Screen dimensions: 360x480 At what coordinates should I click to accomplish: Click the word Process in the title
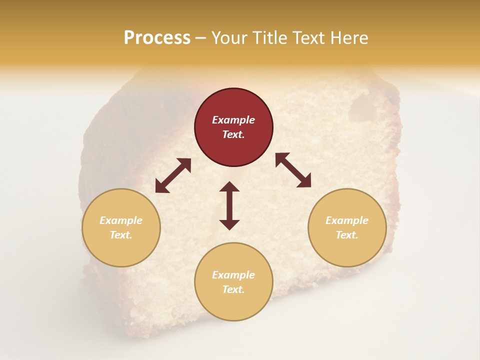(157, 38)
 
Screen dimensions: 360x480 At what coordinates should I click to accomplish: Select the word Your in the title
(230, 38)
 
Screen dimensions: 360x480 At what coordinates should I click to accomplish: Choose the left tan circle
(121, 227)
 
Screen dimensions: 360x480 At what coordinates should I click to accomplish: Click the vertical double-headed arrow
(229, 205)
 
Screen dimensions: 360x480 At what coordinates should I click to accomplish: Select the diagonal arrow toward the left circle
(173, 175)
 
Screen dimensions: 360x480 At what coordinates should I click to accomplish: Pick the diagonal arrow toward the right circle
(293, 170)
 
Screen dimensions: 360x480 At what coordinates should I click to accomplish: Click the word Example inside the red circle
(233, 120)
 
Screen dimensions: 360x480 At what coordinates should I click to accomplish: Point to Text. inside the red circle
(233, 134)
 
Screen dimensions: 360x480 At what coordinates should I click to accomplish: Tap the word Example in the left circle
(121, 220)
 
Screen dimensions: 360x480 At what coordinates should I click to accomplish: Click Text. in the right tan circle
(347, 235)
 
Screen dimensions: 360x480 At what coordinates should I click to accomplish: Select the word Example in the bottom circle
(233, 275)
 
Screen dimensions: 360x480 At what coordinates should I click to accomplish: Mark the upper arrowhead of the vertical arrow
(229, 187)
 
